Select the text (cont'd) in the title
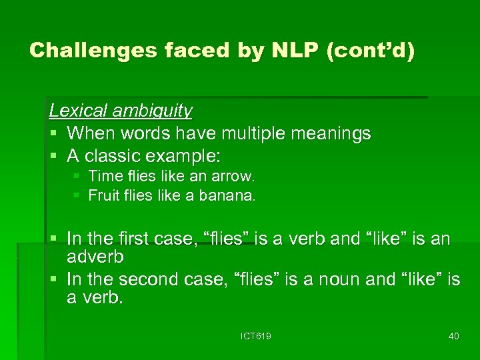click(371, 51)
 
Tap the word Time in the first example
click(102, 177)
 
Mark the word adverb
click(95, 257)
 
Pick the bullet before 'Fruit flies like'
click(77, 196)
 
